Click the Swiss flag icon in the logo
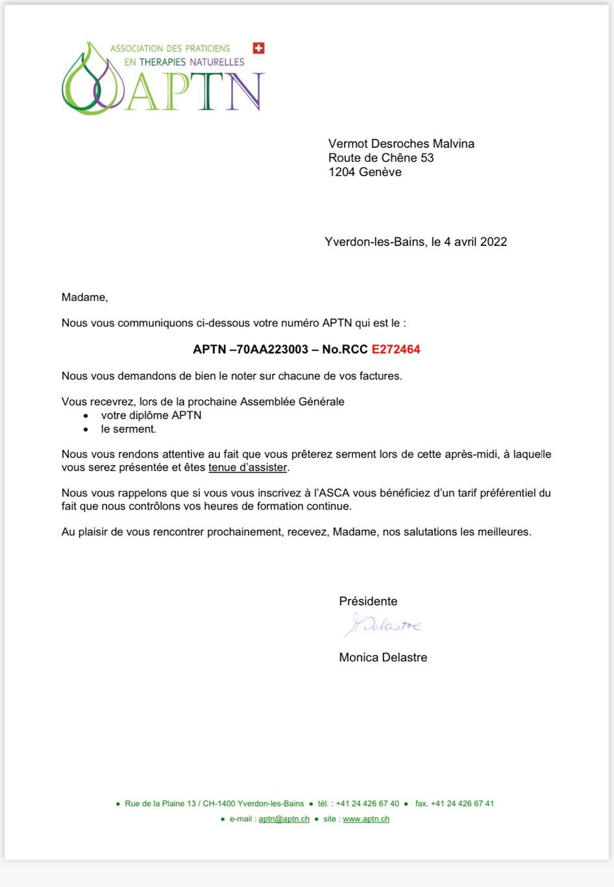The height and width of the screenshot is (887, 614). [258, 48]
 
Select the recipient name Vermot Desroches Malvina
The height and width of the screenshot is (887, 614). [401, 143]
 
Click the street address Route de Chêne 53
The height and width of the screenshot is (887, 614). [381, 158]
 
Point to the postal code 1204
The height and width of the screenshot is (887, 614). [341, 172]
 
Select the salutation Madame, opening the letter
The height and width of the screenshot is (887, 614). [84, 297]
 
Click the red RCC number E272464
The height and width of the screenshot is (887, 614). [396, 349]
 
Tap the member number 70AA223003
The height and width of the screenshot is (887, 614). [273, 349]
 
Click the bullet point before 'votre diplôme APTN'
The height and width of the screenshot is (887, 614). [86, 416]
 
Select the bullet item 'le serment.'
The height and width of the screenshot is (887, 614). [129, 429]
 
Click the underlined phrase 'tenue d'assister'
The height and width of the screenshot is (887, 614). [247, 467]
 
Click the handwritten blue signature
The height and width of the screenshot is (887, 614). [383, 625]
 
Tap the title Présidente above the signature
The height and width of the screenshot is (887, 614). [368, 601]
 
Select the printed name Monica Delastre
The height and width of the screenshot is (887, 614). [383, 657]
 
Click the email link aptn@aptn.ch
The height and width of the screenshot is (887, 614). [284, 819]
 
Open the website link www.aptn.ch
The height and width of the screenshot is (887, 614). [366, 819]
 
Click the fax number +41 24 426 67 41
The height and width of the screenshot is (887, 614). [461, 803]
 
